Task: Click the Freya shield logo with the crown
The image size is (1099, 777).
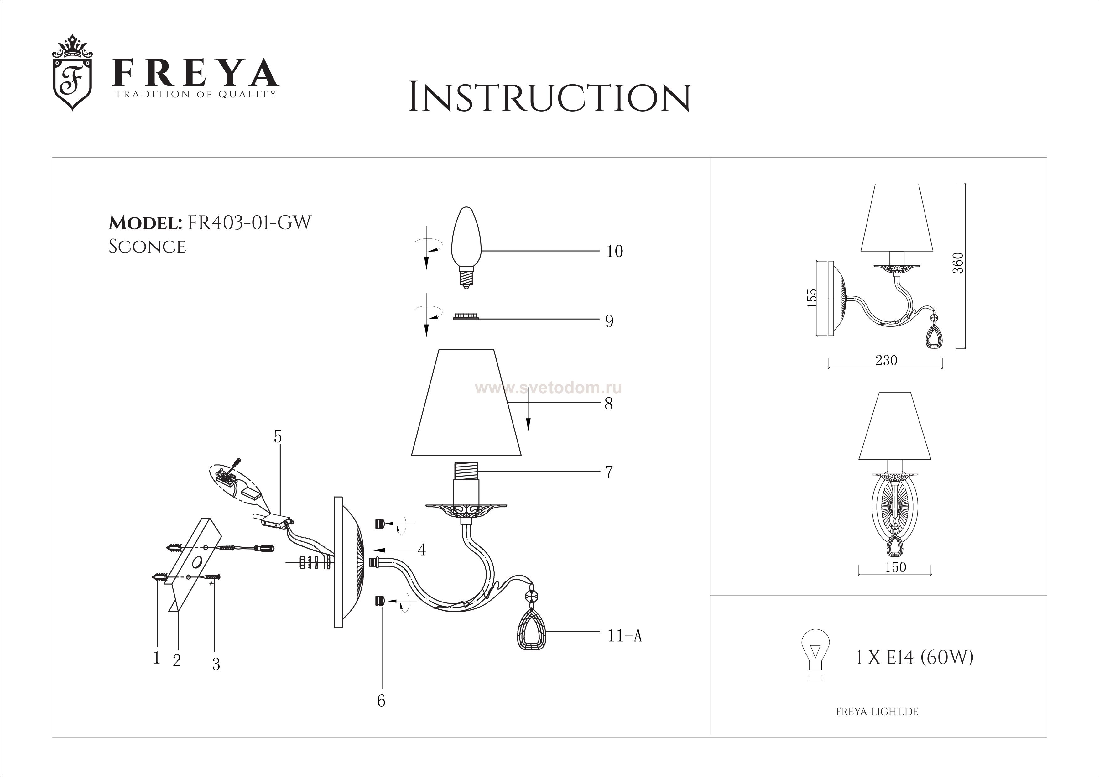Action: (x=72, y=73)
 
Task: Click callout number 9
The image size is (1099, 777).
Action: (x=609, y=321)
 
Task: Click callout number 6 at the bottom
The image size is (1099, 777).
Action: (x=381, y=701)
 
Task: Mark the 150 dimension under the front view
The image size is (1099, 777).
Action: (x=895, y=567)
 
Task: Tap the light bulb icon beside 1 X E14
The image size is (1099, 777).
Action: (x=815, y=655)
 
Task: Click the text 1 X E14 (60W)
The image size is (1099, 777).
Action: (x=914, y=658)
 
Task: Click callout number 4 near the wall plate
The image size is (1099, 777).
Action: (x=421, y=550)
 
